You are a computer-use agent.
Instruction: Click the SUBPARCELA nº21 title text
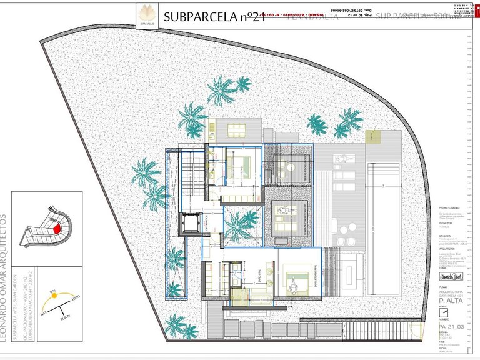pos(216,17)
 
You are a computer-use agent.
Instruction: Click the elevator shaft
pos(189,224)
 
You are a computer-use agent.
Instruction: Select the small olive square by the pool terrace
pos(372,136)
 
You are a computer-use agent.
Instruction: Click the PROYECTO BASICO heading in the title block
pos(449,207)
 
